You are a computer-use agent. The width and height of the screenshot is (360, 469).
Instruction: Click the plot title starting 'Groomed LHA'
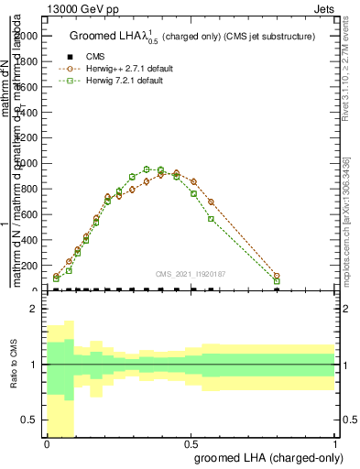pos(192,37)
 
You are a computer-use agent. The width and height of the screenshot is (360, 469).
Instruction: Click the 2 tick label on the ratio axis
pos(33,310)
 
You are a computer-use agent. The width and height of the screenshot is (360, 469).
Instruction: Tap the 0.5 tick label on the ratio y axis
pos(29,420)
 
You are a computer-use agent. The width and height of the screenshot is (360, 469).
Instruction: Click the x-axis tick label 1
pos(334,443)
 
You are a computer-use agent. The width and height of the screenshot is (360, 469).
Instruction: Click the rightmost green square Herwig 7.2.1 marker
pos(277,281)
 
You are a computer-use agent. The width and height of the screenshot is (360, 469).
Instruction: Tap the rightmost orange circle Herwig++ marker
pos(277,276)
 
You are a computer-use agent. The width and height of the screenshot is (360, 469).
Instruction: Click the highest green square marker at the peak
pos(160,169)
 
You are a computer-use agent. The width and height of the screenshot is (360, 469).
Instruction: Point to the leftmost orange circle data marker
pos(57,276)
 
